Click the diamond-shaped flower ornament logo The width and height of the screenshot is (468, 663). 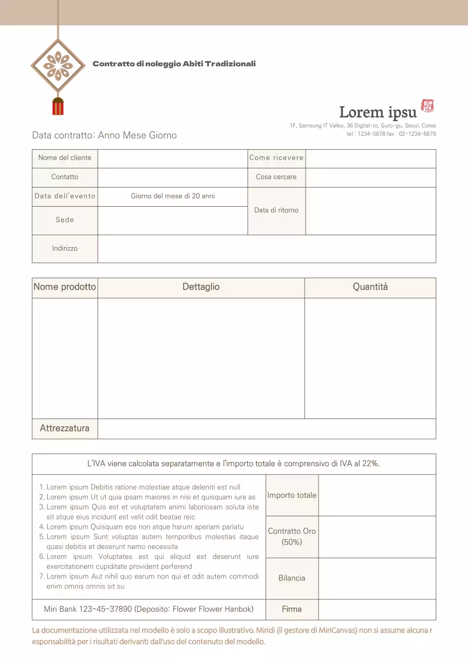coord(58,66)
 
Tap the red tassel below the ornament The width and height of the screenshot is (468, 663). coord(58,106)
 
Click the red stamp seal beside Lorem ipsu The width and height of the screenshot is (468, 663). coord(428,106)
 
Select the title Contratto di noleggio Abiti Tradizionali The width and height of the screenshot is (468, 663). coord(174,64)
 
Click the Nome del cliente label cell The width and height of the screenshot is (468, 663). coord(65,158)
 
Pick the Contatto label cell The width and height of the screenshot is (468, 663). coord(65,177)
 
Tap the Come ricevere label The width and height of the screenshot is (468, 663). coord(276,158)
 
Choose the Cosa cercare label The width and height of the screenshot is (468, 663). coord(276,177)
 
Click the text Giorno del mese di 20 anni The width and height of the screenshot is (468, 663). coord(173,196)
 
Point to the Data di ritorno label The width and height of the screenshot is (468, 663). coord(276,210)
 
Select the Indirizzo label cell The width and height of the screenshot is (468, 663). coord(65,249)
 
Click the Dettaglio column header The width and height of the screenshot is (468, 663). coord(201,287)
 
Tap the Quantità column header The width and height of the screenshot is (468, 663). coord(370,287)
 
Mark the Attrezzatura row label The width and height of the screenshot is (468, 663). coord(65,428)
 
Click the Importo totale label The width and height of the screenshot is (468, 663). coord(292,495)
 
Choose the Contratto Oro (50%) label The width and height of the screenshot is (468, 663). coord(292,537)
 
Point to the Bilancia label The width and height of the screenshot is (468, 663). coord(292,578)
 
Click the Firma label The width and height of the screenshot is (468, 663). coord(292,609)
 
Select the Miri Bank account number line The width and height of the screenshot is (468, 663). coord(149,609)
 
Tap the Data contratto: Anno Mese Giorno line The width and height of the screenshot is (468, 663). coord(104,135)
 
